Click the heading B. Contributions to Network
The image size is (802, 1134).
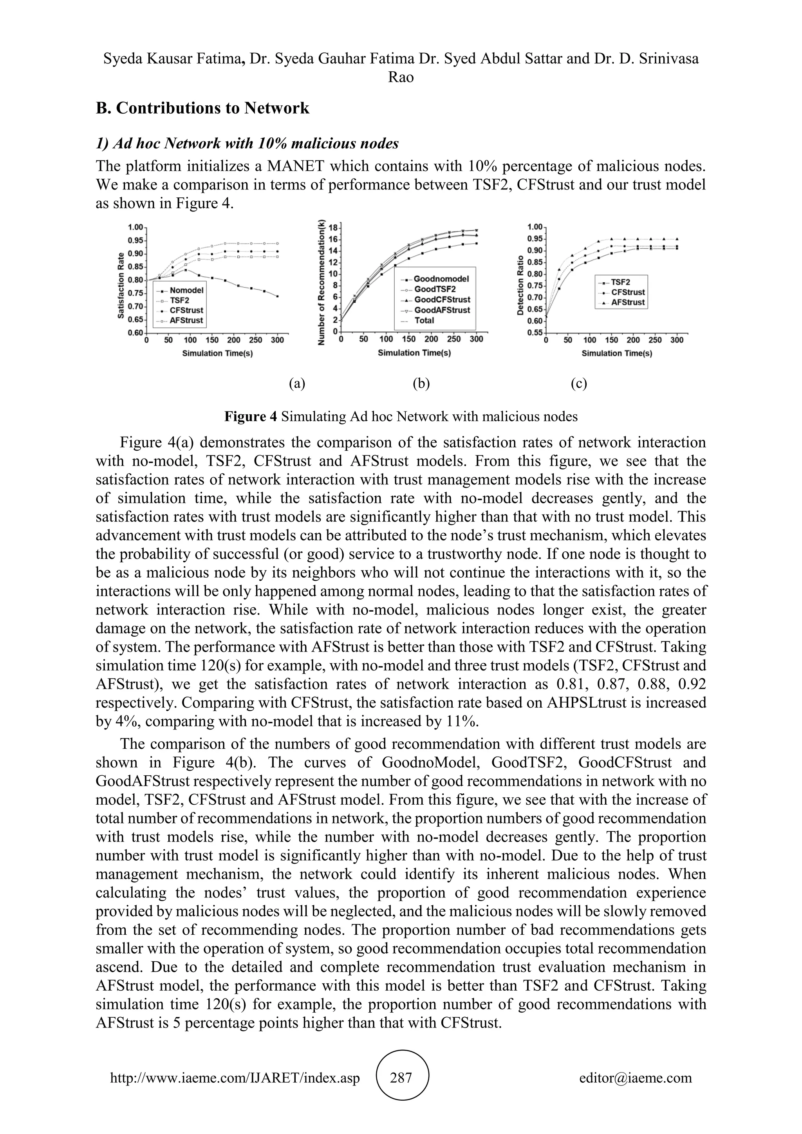point(202,108)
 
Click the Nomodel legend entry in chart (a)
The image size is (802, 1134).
point(186,291)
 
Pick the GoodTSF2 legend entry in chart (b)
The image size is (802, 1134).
point(435,289)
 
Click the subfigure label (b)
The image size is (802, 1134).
point(421,383)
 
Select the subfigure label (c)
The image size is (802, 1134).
point(578,383)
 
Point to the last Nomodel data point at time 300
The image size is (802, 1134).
point(278,296)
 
